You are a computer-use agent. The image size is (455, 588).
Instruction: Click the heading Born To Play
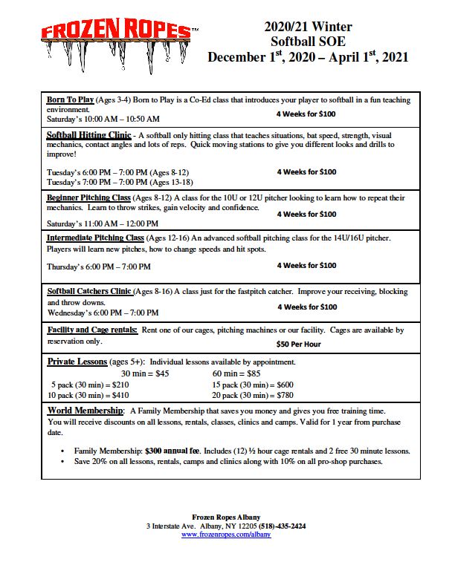[70, 99]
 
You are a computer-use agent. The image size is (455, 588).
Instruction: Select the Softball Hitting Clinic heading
[88, 136]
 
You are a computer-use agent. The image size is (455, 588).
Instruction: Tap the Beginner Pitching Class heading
[88, 198]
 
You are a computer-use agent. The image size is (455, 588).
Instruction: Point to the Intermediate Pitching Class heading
[95, 238]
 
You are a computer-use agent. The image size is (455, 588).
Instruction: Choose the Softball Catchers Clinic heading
[90, 292]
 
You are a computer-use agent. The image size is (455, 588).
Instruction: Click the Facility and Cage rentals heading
[92, 330]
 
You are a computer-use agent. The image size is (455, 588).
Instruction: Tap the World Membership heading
[85, 411]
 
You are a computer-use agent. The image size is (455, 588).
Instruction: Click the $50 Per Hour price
[298, 344]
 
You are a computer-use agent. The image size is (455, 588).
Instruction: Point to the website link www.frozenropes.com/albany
[226, 534]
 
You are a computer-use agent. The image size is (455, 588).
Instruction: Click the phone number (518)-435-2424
[281, 526]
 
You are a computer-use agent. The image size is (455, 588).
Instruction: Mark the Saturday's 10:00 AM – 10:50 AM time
[103, 119]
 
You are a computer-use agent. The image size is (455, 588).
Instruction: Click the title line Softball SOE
[308, 42]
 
